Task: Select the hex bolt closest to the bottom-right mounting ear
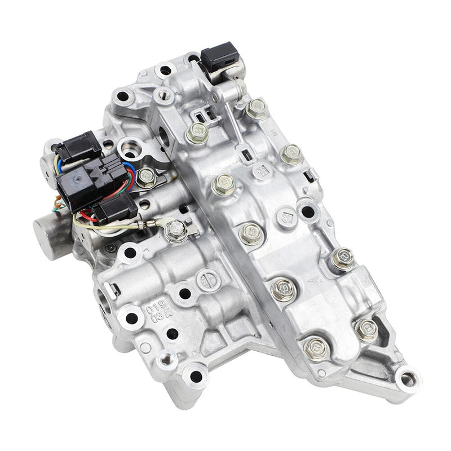tap(366, 329)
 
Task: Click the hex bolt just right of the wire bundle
tap(147, 177)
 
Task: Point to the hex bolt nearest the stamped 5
tap(290, 154)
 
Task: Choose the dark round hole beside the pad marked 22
tap(307, 212)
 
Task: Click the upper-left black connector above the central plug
tap(79, 146)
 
